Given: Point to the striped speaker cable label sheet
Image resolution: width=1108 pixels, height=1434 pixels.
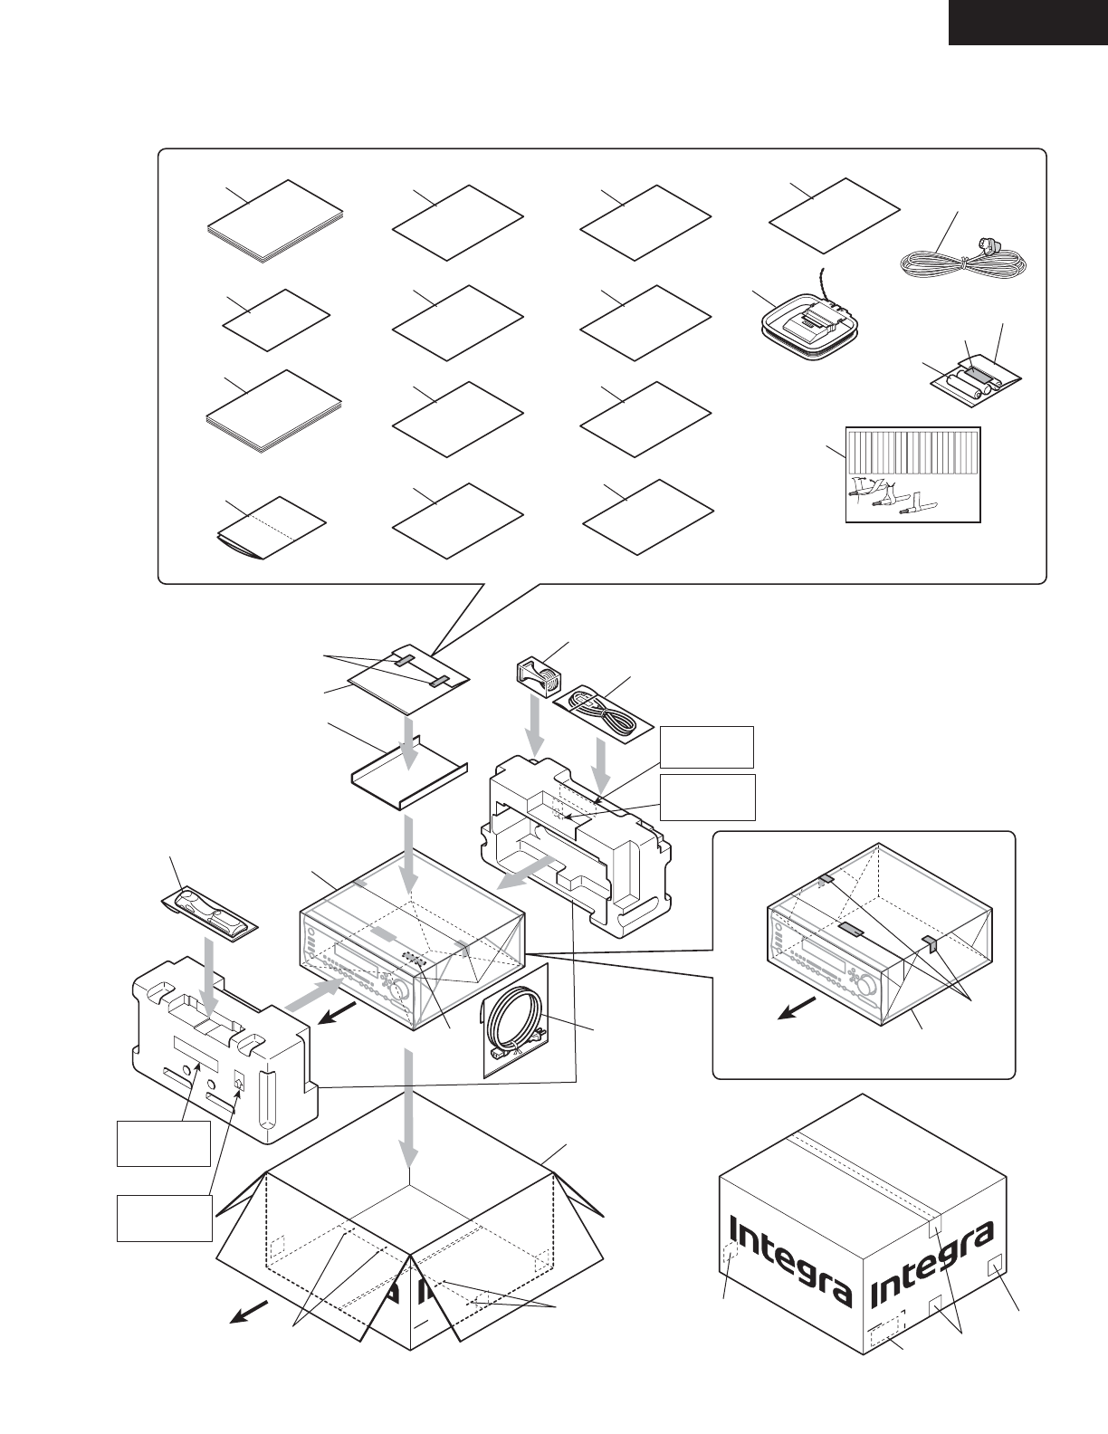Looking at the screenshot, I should pyautogui.click(x=912, y=473).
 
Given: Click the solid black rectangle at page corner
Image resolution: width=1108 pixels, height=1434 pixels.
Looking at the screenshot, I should pyautogui.click(x=1027, y=22).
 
